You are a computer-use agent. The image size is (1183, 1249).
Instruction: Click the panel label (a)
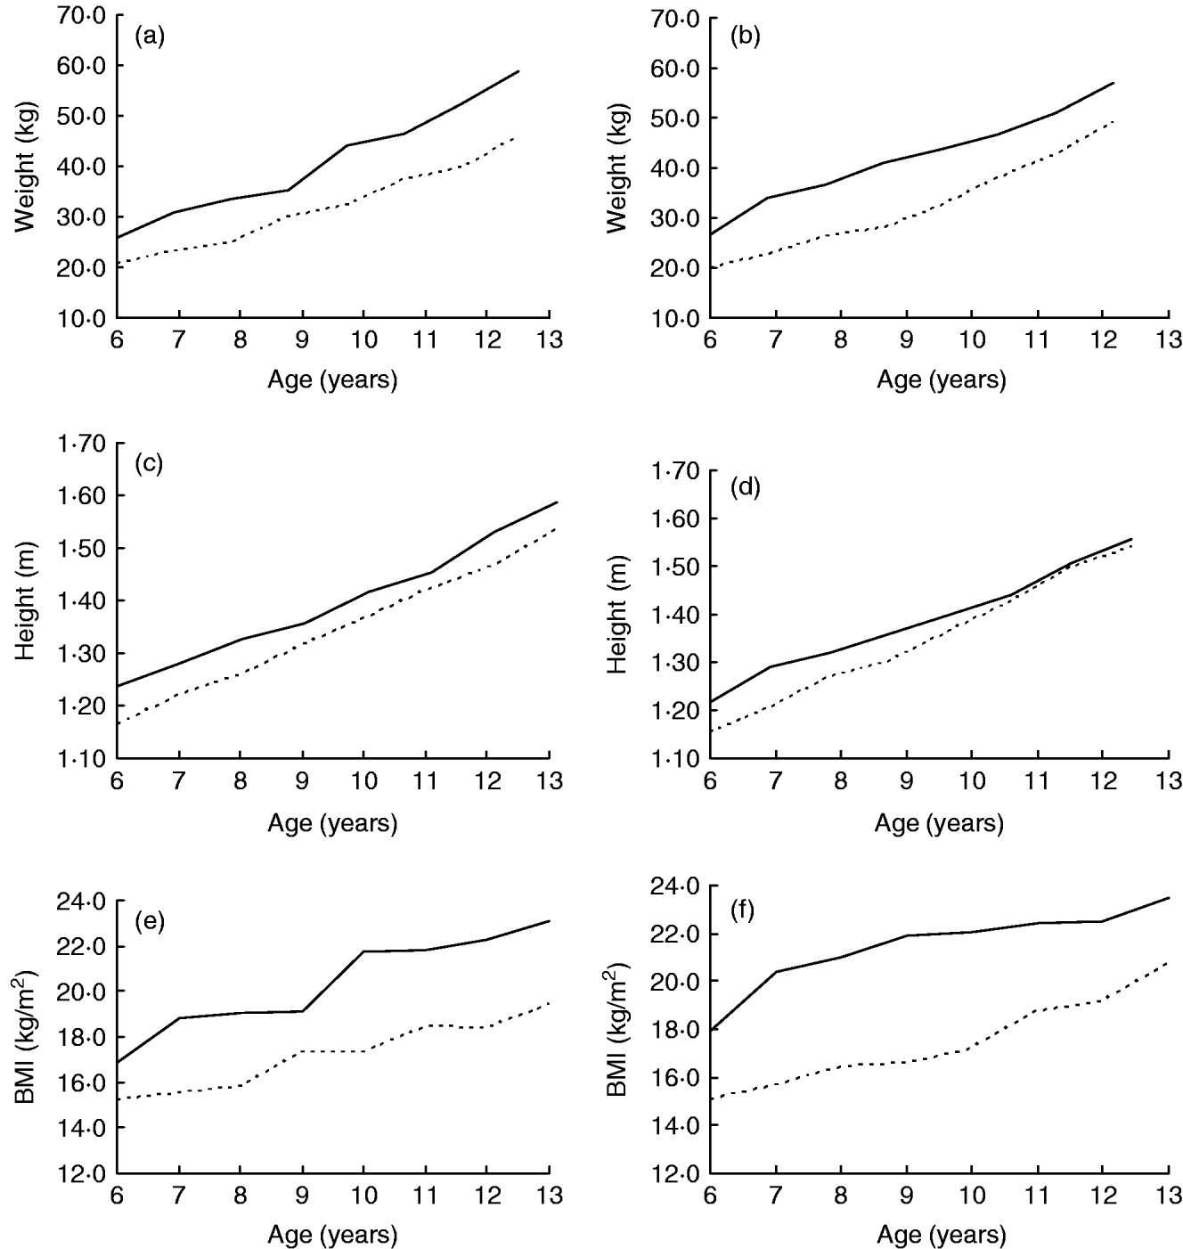149,37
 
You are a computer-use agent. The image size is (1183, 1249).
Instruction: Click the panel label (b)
744,37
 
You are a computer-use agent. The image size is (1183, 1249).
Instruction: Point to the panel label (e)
149,921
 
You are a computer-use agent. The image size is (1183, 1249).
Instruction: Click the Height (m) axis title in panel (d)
619,615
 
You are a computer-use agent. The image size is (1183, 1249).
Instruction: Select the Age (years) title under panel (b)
941,380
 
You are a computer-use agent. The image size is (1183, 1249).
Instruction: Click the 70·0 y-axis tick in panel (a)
81,15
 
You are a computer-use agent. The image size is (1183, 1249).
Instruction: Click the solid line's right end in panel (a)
518,71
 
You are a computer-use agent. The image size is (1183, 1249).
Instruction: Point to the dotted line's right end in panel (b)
1114,120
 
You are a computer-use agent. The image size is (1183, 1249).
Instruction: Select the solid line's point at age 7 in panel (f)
776,971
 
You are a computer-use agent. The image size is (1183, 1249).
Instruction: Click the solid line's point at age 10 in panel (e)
363,951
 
